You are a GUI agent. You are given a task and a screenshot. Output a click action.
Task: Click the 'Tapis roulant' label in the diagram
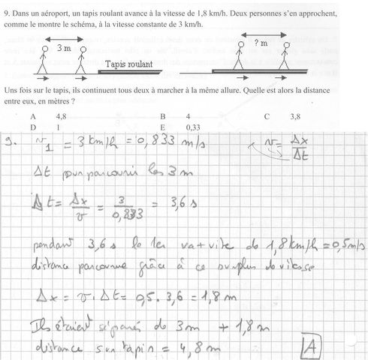[130, 64]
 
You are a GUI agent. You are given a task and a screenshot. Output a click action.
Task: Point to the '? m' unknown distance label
[261, 43]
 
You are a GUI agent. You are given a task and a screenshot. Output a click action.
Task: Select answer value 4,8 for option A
[62, 117]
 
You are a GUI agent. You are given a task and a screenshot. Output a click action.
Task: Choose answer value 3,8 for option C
[294, 117]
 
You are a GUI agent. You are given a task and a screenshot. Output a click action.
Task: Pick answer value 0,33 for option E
[193, 127]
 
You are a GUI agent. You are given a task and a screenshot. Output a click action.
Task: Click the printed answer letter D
[33, 127]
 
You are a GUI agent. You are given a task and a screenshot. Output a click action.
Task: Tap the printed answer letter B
[162, 117]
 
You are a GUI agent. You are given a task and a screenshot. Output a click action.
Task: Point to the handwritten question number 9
[10, 142]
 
